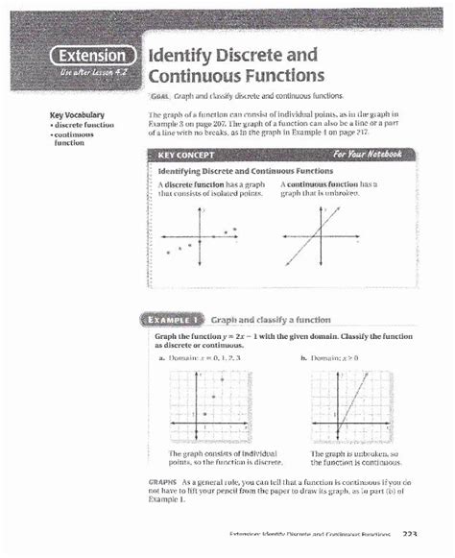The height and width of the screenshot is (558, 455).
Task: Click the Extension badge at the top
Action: pos(90,55)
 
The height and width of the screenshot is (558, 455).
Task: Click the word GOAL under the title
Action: pos(159,97)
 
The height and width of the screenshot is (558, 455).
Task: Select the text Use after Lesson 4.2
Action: pos(90,72)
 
